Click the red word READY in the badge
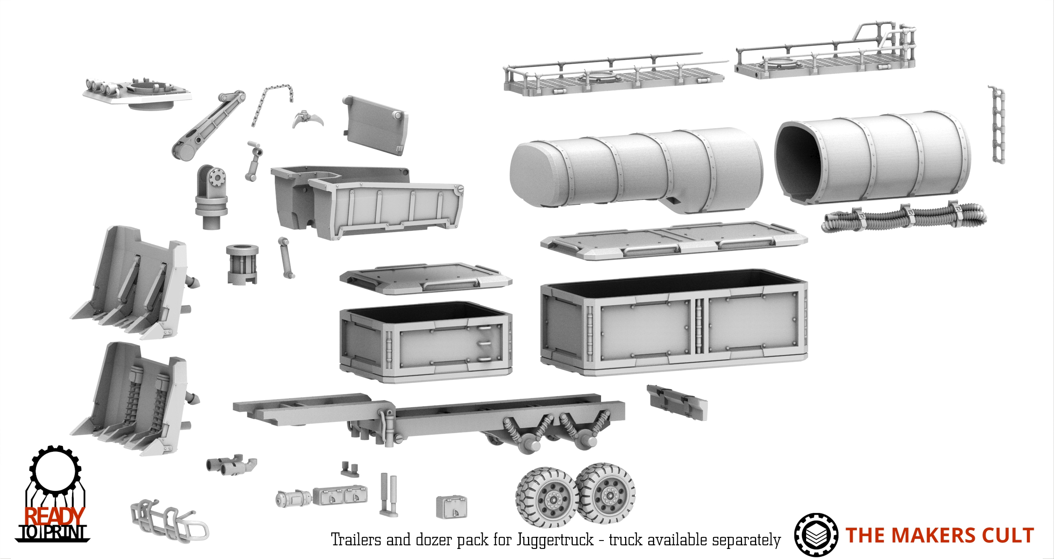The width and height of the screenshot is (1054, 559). coord(54,516)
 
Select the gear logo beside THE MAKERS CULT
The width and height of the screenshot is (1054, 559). coord(816,535)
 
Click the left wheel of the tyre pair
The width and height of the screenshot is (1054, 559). coord(547,495)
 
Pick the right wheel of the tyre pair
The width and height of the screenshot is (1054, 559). coord(605,493)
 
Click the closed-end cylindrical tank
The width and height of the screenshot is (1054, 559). coord(636,170)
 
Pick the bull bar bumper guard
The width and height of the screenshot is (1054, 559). coord(168,520)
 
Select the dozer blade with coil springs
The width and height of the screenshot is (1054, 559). coord(135,399)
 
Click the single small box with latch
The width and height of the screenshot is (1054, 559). coord(451,507)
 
